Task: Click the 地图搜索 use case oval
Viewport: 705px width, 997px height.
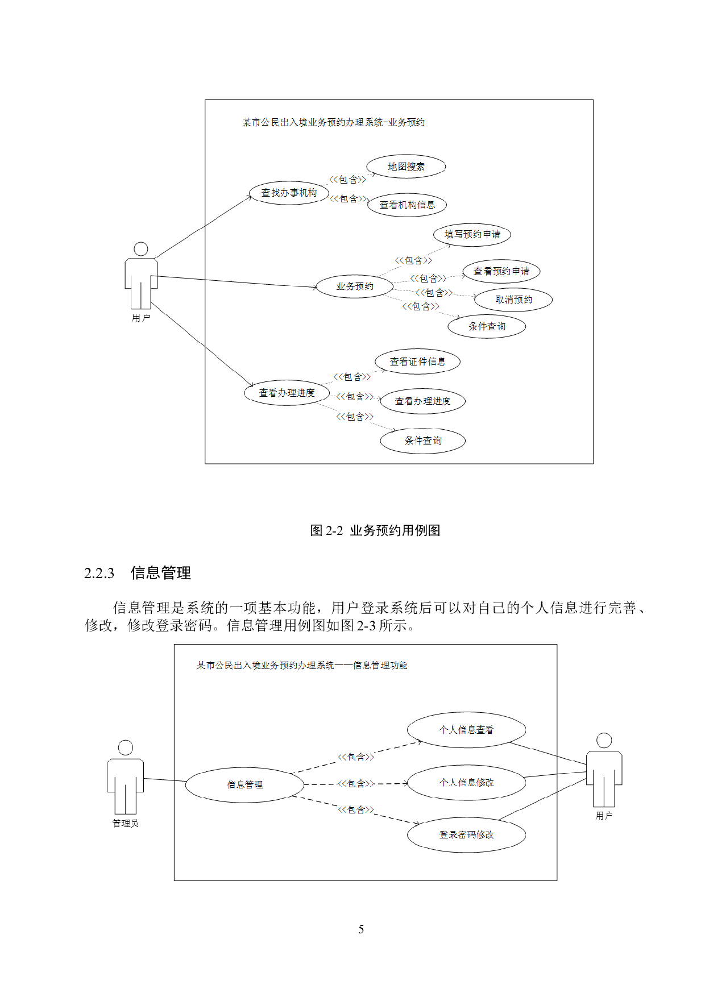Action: pos(406,167)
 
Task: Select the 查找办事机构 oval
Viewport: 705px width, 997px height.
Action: pos(289,193)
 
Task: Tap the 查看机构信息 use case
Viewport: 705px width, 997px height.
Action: pos(407,205)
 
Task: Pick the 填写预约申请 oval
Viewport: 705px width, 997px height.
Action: pos(472,234)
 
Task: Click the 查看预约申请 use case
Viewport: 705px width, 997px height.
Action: pos(501,271)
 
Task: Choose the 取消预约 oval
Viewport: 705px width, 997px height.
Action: pos(513,300)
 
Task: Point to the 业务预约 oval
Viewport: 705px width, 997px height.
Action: pos(355,286)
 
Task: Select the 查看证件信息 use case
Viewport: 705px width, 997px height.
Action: pos(417,362)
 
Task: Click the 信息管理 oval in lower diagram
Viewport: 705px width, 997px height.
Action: pos(245,784)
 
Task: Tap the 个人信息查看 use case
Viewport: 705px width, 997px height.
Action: pos(466,730)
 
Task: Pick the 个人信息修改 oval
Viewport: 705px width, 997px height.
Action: pos(466,783)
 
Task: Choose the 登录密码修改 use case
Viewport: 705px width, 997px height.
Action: pos(466,834)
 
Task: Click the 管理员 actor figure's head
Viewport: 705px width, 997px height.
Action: pos(126,747)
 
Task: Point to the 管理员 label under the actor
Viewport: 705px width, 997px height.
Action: pos(126,823)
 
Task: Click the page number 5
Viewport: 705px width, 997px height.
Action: pos(361,929)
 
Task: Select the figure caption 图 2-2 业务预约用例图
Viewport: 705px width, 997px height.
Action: pos(375,530)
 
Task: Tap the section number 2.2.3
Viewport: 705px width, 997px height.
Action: pos(99,573)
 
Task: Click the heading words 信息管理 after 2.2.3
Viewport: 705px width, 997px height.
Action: pos(161,573)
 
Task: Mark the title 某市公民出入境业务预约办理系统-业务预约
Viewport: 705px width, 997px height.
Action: pos(333,122)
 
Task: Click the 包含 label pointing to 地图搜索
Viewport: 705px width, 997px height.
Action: pos(348,180)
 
